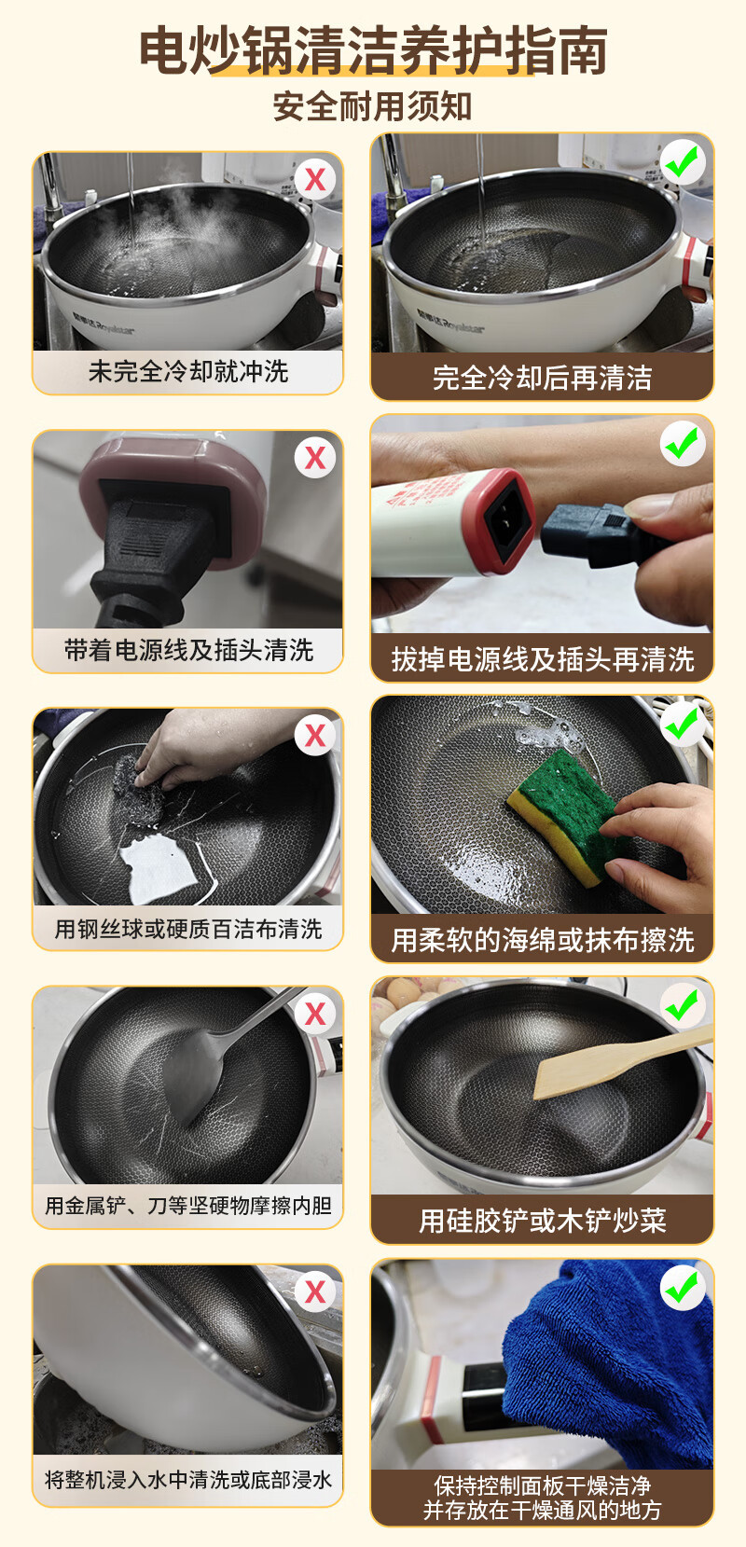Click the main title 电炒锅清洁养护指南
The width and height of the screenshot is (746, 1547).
(x=373, y=49)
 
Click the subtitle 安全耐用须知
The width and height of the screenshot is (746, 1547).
(x=372, y=107)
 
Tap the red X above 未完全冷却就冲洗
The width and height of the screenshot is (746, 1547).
(x=315, y=180)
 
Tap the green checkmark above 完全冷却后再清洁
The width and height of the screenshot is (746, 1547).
(x=683, y=161)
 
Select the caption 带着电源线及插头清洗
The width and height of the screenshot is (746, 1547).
(x=188, y=650)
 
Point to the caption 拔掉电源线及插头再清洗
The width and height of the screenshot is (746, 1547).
(x=542, y=659)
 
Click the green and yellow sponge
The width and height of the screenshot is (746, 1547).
(x=564, y=816)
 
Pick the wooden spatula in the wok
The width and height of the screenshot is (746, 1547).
(x=622, y=1060)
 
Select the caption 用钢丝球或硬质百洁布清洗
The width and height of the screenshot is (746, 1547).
(x=188, y=929)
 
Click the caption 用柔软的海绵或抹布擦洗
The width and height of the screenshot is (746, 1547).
(x=542, y=940)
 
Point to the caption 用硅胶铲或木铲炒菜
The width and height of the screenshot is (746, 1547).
(x=542, y=1221)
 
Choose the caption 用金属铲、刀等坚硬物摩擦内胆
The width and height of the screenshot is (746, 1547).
(x=188, y=1205)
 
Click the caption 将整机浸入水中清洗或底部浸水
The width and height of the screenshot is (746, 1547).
(x=188, y=1480)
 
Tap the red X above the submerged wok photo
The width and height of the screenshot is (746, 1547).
(x=315, y=1292)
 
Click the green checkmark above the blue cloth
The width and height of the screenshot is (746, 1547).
(x=683, y=1287)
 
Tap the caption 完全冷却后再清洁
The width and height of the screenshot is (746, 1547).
(x=542, y=378)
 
